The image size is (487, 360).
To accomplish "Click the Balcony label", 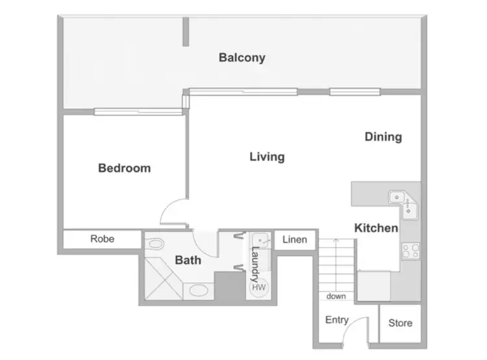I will [242, 58].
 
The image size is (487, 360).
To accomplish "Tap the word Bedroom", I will [124, 168].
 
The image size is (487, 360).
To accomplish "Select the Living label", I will [267, 157].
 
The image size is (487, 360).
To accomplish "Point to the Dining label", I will [382, 137].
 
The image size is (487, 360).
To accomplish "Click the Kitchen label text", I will [376, 228].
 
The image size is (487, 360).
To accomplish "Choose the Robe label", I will [102, 239].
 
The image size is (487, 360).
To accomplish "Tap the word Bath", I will [188, 261].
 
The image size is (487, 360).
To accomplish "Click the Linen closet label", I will [293, 239].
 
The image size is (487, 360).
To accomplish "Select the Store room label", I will [399, 323].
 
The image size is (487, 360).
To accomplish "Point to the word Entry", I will [336, 320].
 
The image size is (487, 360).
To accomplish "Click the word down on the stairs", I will [336, 296].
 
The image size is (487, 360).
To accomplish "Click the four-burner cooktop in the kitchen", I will [410, 251].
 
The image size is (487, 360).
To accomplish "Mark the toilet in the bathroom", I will [155, 244].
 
